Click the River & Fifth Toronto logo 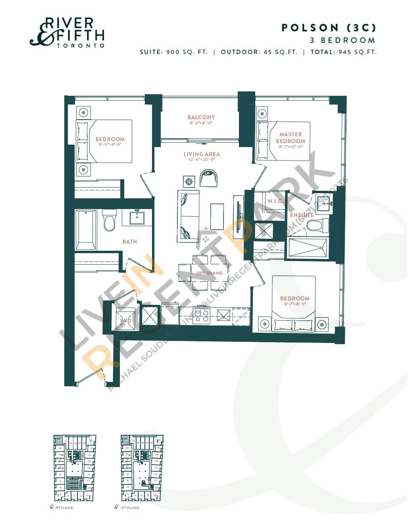(67, 32)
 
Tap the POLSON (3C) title (328, 27)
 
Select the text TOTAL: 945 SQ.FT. (343, 52)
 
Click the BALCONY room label (201, 117)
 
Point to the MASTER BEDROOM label (291, 138)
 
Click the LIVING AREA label (202, 154)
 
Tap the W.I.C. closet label (275, 201)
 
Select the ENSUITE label (302, 215)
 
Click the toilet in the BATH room (110, 220)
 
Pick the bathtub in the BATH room (86, 230)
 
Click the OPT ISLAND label (210, 273)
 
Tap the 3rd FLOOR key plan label (66, 508)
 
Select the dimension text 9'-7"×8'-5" (295, 304)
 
